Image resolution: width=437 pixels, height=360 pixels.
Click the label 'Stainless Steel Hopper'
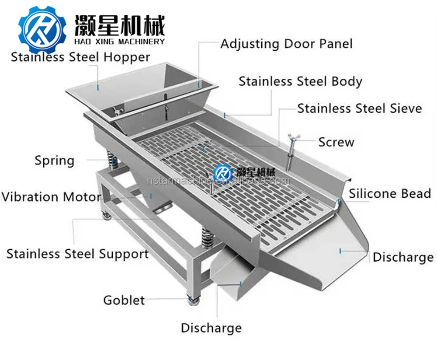point(80,57)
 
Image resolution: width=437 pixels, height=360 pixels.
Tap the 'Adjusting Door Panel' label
point(286,44)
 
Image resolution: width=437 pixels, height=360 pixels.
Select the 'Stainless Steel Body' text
point(300,82)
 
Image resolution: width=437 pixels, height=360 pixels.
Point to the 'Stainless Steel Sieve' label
point(360,108)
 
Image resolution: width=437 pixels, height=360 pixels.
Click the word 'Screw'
point(336,142)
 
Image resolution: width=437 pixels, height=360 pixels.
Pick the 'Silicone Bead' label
point(390,193)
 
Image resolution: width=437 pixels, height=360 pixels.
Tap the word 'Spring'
point(55,160)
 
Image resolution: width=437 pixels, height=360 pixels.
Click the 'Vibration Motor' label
point(51,196)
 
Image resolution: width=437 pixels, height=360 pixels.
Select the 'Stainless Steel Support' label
point(77,254)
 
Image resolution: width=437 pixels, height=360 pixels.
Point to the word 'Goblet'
point(124,300)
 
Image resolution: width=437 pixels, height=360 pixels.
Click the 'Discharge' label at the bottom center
point(211,328)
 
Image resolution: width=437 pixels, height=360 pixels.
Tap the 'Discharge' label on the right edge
point(403,257)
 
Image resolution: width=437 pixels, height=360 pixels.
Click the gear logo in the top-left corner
point(42,27)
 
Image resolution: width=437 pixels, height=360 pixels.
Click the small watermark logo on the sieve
point(223,171)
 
